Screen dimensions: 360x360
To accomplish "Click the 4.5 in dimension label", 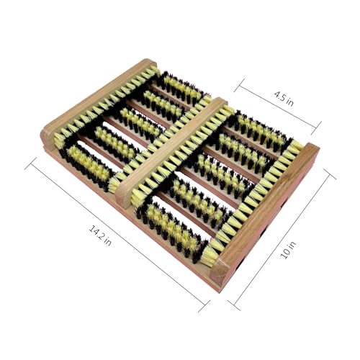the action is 284,99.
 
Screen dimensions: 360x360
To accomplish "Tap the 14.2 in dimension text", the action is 100,235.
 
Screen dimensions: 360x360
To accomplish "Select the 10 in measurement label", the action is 289,251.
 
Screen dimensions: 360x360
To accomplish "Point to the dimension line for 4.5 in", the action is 278,107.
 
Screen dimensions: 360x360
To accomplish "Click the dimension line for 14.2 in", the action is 117,235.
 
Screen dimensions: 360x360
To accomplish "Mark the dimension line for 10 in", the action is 282,239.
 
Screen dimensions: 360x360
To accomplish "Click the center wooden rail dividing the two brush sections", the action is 171,151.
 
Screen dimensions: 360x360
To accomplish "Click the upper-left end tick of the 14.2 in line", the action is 31,163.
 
